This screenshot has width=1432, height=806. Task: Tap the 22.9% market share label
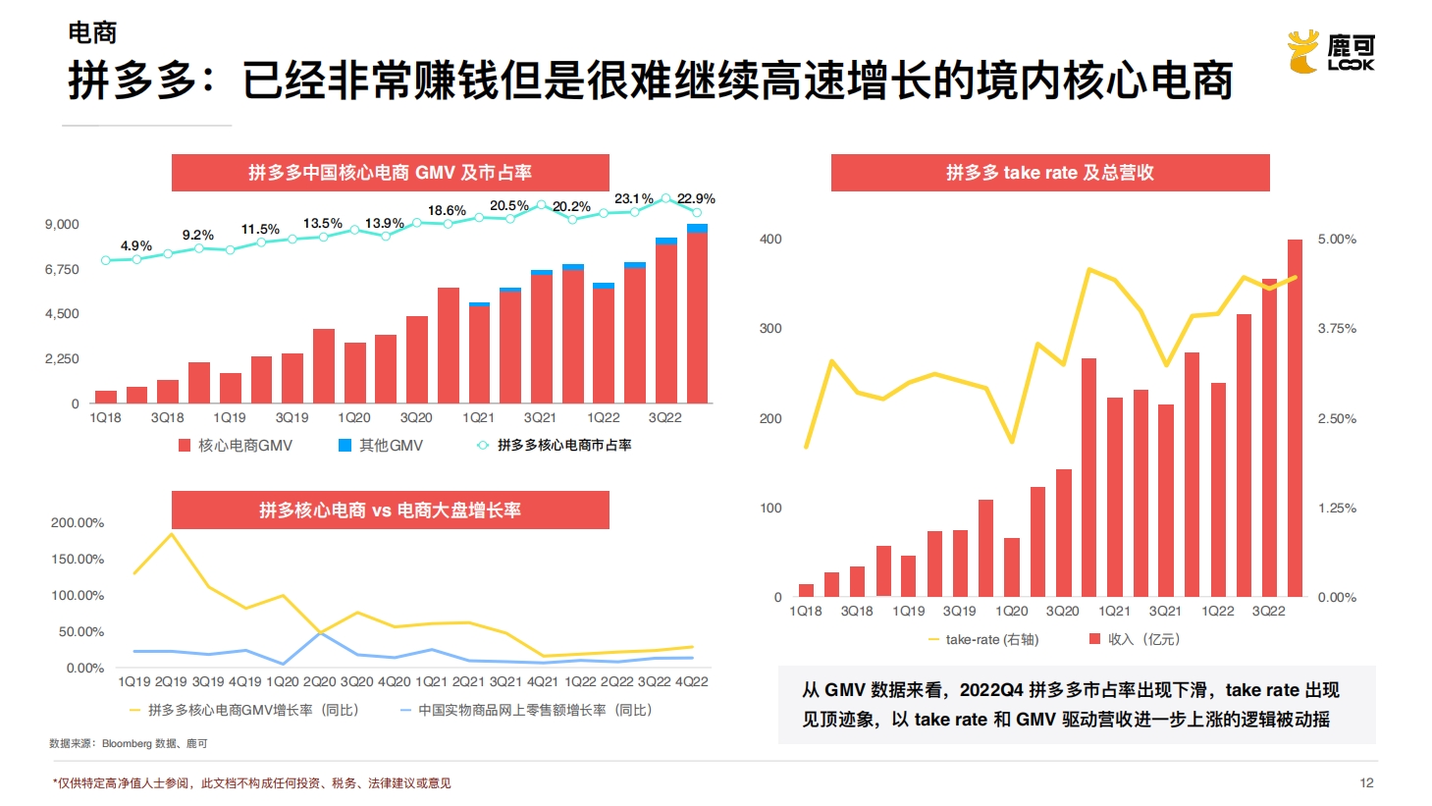tap(696, 198)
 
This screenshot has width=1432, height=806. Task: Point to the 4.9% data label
tap(135, 245)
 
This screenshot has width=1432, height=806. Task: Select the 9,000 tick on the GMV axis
tap(62, 224)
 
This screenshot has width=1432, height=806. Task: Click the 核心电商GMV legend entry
tap(236, 446)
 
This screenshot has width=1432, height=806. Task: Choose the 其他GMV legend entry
tap(381, 446)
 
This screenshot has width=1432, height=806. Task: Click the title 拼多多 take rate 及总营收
tap(1049, 173)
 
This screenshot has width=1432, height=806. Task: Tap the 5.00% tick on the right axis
tap(1337, 239)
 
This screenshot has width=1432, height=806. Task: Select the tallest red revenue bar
tap(1295, 417)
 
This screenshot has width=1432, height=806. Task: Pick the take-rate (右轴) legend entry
tap(983, 639)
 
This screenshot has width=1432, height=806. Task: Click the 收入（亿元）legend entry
tap(1135, 639)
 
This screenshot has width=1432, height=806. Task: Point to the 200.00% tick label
tap(78, 522)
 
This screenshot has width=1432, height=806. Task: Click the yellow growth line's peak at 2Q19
tap(172, 534)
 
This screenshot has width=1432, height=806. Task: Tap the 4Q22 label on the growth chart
tap(691, 681)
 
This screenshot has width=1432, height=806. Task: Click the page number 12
tap(1366, 782)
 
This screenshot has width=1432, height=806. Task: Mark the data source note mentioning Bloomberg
tap(129, 743)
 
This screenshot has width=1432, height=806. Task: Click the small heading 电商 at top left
tap(92, 32)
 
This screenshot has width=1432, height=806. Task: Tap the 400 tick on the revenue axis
tap(770, 239)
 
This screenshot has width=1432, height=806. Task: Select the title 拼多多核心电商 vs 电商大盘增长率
tap(390, 510)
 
